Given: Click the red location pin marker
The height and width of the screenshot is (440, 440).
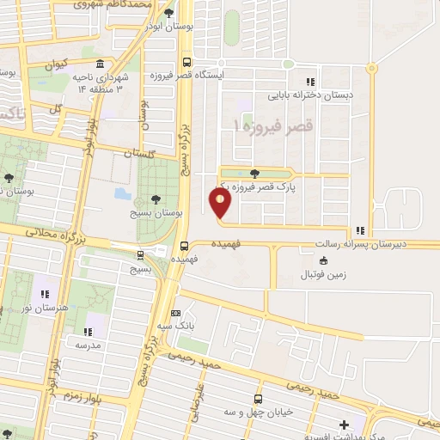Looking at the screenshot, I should (221, 204).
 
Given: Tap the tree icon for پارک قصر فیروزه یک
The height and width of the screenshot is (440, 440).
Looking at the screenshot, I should (254, 174).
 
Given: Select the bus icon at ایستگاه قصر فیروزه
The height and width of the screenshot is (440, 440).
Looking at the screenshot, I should (186, 61).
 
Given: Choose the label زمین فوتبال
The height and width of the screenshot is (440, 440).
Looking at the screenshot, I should (324, 275).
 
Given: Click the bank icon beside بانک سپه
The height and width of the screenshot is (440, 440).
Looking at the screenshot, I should (176, 314).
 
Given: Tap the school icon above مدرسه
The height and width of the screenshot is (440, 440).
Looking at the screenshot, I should (87, 331).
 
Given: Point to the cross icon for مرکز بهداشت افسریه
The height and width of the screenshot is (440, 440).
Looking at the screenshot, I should (345, 424).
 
